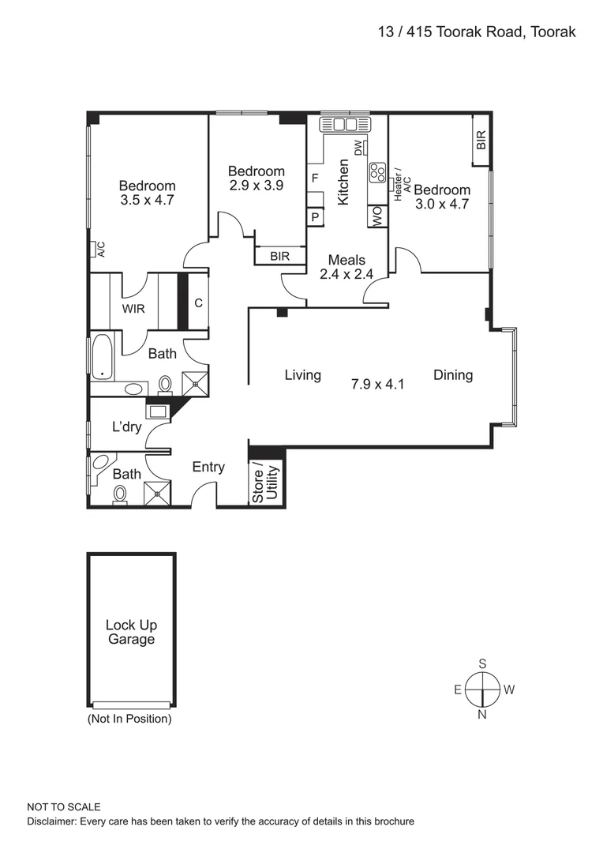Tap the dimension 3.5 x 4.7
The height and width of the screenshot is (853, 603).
click(x=147, y=201)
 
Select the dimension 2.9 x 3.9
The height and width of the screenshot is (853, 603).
click(x=256, y=186)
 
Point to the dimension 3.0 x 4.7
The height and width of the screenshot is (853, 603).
click(x=442, y=204)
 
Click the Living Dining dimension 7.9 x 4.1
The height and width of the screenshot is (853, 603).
click(x=377, y=385)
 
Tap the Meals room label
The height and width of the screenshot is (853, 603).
click(x=346, y=260)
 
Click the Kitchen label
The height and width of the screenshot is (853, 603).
click(x=343, y=182)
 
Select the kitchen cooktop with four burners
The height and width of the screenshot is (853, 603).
click(x=376, y=173)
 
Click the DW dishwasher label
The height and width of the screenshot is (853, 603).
click(x=358, y=148)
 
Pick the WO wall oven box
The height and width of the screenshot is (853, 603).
click(x=377, y=216)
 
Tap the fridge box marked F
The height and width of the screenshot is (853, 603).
click(x=315, y=178)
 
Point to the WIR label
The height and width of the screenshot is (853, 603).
click(x=133, y=309)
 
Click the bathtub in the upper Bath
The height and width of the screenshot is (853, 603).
click(x=103, y=357)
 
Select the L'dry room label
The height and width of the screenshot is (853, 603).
click(x=125, y=427)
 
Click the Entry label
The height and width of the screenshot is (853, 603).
click(x=208, y=467)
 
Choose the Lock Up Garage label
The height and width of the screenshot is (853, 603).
click(x=131, y=632)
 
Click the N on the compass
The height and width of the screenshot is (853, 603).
click(x=482, y=715)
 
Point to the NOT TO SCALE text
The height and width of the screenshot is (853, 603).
click(x=64, y=807)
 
